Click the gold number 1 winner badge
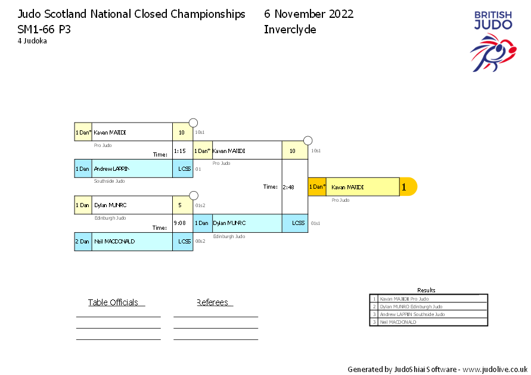[407, 187]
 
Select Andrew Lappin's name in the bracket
[111, 169]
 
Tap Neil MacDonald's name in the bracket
[114, 242]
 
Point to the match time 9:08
[179, 224]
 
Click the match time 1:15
[179, 151]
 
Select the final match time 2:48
[288, 187]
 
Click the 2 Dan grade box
[83, 242]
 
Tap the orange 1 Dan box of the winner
[316, 187]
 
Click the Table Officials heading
[113, 302]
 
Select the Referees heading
[213, 302]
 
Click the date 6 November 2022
[309, 14]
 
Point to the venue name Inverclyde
[290, 30]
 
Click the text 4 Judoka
[32, 41]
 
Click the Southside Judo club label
[109, 181]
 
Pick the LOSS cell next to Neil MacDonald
[184, 242]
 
